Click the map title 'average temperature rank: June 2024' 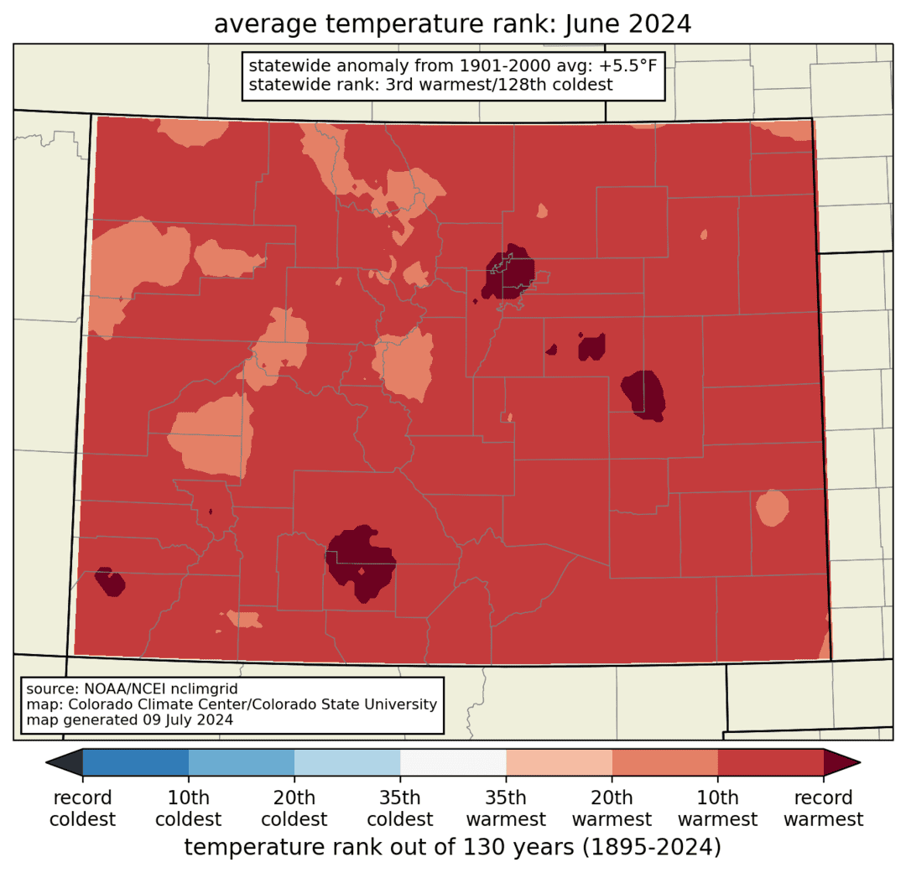(452, 24)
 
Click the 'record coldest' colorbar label (83, 808)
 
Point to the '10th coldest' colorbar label (189, 808)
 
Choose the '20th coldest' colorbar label (294, 808)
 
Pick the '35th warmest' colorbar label (506, 808)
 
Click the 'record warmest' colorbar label (824, 808)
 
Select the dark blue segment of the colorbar (136, 762)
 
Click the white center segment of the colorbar (453, 762)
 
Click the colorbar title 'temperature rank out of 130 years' (452, 848)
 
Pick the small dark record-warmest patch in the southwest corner (109, 581)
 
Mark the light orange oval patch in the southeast (772, 507)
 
